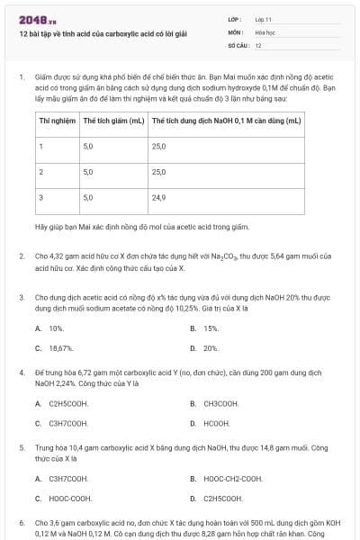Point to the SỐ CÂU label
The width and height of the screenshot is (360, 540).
tap(237, 45)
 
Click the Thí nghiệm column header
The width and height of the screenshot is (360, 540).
tap(56, 120)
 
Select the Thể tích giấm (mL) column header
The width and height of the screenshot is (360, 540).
tap(113, 120)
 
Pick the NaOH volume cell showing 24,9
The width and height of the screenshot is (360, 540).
tap(158, 196)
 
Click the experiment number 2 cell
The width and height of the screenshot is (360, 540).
tap(41, 171)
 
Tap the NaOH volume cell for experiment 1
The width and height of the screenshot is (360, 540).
tap(158, 146)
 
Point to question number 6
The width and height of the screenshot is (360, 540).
tap(21, 522)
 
